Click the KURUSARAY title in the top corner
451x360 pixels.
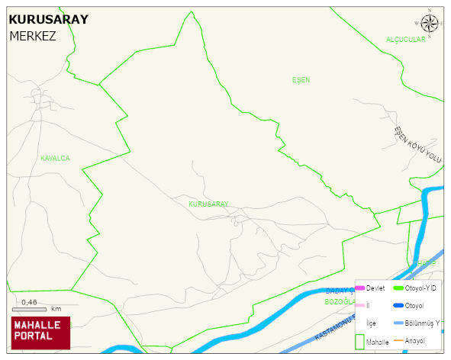click(48, 20)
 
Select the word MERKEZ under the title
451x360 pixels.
click(33, 36)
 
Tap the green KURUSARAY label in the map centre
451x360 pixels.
click(208, 204)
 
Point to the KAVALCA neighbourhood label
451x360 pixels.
click(55, 159)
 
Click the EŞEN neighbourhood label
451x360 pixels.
click(301, 80)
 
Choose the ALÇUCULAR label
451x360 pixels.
click(405, 40)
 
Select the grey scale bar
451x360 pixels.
click(30, 309)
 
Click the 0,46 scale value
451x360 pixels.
click(29, 302)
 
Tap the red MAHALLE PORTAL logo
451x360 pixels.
click(40, 333)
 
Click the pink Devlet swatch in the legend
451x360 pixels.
click(359, 288)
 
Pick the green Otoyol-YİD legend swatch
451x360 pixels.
click(398, 288)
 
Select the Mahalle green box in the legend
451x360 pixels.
click(359, 341)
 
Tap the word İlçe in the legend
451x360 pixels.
click(371, 323)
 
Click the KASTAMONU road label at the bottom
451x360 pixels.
click(336, 329)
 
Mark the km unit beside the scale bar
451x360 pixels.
click(56, 309)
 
